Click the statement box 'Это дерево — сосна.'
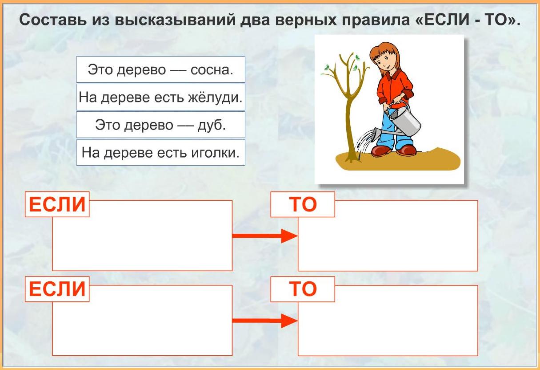pos(161,69)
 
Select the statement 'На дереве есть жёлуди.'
pos(161,97)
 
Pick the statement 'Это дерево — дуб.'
pos(161,125)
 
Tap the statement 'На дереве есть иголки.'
pos(161,152)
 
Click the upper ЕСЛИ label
pos(57,204)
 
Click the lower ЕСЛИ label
pos(57,289)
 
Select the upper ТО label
pos(303,204)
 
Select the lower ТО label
pos(303,289)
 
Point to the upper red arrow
pos(265,236)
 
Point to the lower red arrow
pos(265,321)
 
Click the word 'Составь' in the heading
pos(53,20)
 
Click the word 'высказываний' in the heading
pos(175,20)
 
